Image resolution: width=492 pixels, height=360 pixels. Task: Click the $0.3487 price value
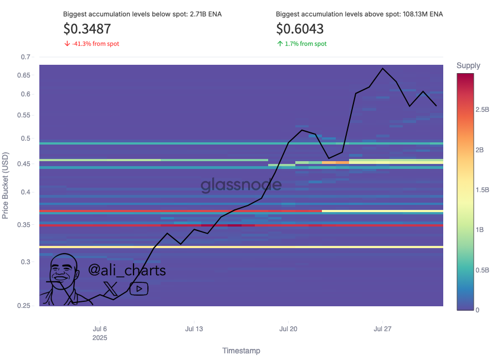click(87, 28)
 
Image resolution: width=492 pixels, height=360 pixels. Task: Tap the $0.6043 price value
click(300, 28)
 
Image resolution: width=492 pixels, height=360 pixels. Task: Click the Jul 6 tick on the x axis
click(100, 329)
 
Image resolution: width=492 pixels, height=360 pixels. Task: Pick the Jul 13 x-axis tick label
click(194, 329)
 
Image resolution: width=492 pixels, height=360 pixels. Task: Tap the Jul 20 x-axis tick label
click(288, 329)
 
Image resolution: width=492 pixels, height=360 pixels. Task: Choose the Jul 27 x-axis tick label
click(383, 329)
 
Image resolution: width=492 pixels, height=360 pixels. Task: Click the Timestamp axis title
click(241, 351)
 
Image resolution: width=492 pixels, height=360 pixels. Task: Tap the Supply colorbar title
click(468, 66)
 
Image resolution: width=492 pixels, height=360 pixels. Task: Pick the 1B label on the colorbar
click(479, 230)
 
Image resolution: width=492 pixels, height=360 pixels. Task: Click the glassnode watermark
click(240, 184)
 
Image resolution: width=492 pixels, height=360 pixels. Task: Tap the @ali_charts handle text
click(127, 271)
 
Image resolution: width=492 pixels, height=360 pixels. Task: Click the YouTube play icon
click(139, 289)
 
